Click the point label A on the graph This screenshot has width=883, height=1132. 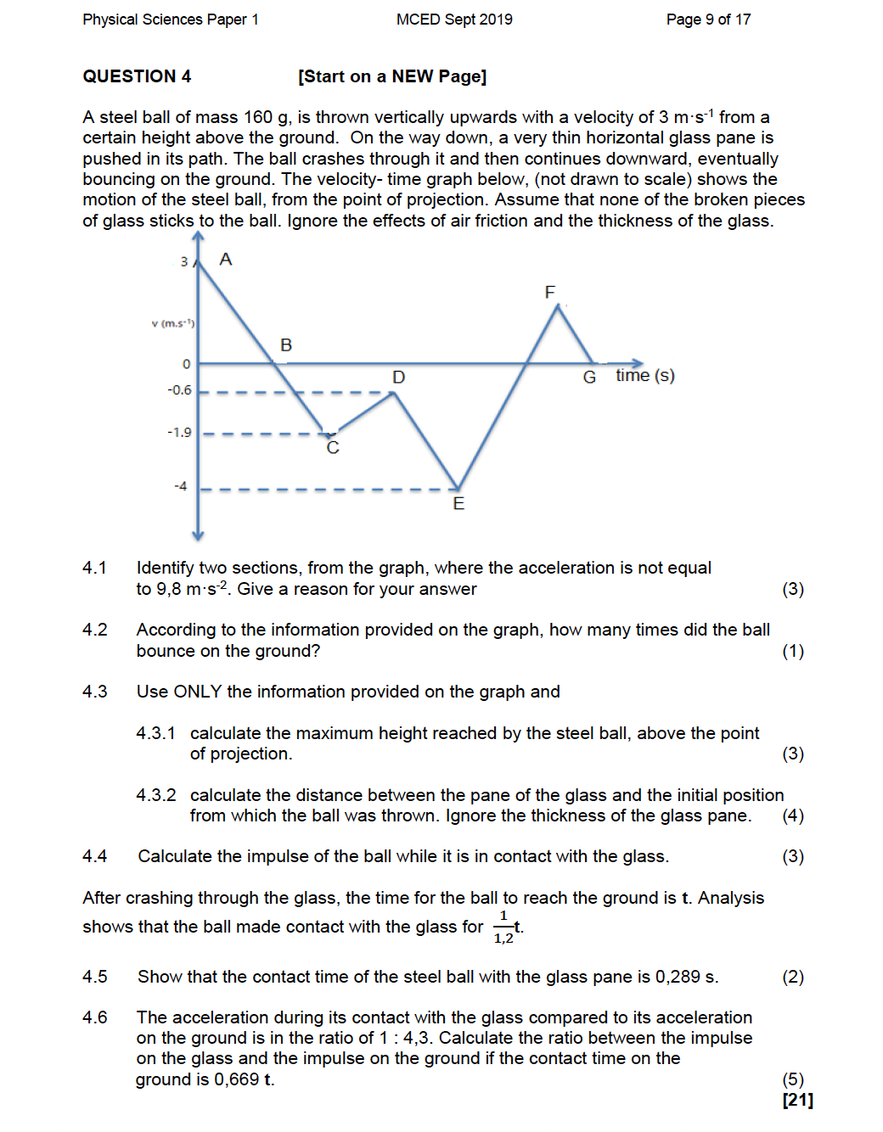tap(226, 259)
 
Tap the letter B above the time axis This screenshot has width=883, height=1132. tap(286, 345)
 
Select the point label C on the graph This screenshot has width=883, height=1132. tap(333, 448)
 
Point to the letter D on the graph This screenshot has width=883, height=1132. tap(398, 377)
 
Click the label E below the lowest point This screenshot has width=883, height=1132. tap(458, 504)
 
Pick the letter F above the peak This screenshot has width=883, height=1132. tap(549, 292)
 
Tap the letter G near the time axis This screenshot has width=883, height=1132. tap(589, 377)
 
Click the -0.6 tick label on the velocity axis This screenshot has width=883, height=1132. tap(179, 390)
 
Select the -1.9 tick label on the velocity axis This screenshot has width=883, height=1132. tap(179, 432)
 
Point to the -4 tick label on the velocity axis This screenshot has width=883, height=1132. tap(180, 486)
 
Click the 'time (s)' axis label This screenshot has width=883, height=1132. tap(645, 375)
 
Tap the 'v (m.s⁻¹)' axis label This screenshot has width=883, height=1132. tap(173, 323)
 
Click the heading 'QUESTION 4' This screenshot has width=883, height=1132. tap(137, 76)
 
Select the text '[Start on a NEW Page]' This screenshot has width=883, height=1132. tap(392, 76)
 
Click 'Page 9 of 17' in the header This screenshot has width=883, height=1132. tap(708, 20)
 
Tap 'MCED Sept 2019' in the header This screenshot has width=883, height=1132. tap(454, 20)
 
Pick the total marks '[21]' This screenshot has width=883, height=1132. tap(797, 1100)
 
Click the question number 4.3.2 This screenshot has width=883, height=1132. tap(156, 795)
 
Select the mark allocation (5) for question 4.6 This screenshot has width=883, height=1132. tap(793, 1079)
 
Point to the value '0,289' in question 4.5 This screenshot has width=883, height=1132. tap(678, 977)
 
